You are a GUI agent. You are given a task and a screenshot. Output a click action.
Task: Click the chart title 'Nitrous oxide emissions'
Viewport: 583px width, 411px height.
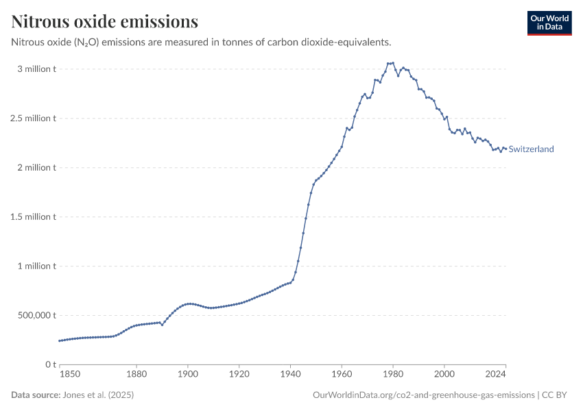(x=105, y=22)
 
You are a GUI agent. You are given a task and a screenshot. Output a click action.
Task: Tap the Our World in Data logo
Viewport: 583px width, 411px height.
(x=549, y=23)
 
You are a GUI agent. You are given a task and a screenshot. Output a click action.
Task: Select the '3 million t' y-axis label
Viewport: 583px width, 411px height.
(x=36, y=69)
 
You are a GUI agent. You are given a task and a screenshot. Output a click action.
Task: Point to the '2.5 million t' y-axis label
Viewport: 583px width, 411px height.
(x=32, y=119)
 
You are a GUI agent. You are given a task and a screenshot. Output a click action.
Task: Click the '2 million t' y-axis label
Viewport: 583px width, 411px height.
(x=36, y=168)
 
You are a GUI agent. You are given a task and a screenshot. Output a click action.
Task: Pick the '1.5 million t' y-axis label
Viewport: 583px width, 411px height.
(x=32, y=217)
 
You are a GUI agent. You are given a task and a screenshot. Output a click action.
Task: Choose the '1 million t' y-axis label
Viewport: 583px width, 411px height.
(x=36, y=266)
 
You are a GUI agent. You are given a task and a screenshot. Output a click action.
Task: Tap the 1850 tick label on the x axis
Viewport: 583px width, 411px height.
(x=69, y=374)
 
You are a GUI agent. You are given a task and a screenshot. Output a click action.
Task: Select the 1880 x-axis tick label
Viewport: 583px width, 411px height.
(x=136, y=374)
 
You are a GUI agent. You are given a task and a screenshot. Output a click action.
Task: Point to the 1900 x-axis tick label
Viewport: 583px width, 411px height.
(x=188, y=374)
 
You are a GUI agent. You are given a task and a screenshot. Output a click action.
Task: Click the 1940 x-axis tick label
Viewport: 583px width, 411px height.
(x=290, y=374)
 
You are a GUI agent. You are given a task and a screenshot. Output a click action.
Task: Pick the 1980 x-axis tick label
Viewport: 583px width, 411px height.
(x=393, y=374)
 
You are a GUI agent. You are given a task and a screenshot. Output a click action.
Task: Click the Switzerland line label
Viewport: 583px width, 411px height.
(x=531, y=149)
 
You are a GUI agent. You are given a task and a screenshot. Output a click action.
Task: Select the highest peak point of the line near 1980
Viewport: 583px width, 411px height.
(x=393, y=63)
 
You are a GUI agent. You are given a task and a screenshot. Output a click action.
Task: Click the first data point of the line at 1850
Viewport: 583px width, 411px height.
(x=60, y=340)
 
